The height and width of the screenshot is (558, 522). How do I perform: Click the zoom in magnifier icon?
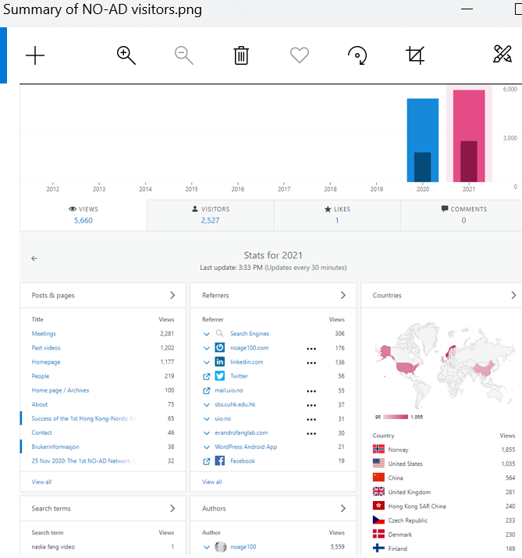(126, 55)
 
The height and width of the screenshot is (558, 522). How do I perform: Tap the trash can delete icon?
(241, 55)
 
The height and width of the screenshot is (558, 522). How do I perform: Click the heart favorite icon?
(299, 55)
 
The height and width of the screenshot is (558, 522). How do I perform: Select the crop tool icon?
(415, 55)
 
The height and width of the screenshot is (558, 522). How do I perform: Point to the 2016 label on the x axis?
(238, 190)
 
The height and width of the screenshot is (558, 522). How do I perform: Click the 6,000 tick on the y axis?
(510, 89)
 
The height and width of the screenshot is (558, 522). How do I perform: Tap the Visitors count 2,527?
(210, 221)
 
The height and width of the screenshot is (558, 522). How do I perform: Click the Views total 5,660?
(83, 221)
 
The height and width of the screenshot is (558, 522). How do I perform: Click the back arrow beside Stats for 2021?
(34, 258)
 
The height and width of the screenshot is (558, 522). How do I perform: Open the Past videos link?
(46, 348)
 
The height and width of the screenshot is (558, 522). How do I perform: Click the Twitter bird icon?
(221, 376)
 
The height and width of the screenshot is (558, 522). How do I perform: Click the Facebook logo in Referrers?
(221, 461)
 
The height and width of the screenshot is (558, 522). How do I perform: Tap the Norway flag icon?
(379, 450)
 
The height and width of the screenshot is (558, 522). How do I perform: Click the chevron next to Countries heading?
(513, 296)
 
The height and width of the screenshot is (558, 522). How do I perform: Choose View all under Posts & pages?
(41, 482)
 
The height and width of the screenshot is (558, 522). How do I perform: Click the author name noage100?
(243, 547)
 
